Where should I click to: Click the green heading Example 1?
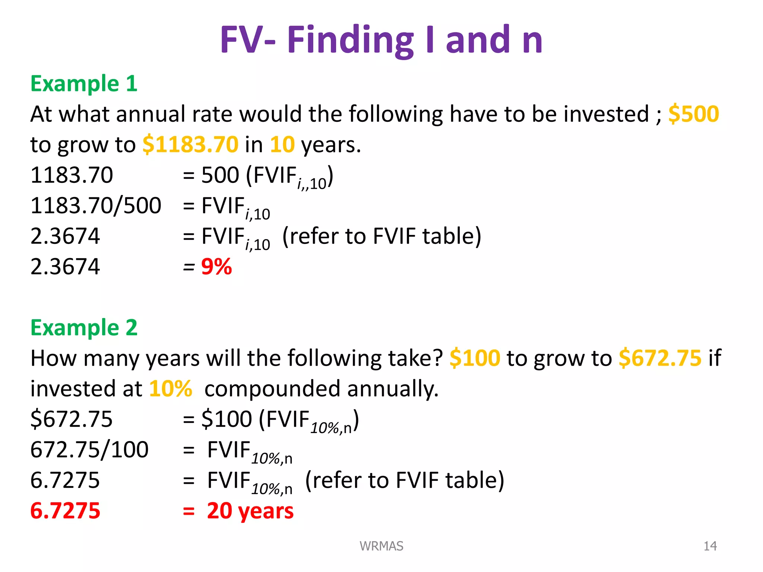click(x=84, y=83)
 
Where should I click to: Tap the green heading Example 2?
click(x=84, y=328)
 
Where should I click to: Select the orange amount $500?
click(x=693, y=114)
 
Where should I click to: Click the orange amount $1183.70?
click(x=190, y=144)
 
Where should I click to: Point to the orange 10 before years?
click(x=282, y=144)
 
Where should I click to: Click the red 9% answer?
click(x=216, y=267)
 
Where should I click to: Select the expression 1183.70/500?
click(x=96, y=206)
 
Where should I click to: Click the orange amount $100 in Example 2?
click(x=475, y=358)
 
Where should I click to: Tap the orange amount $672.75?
click(x=660, y=358)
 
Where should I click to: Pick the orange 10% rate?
click(x=171, y=389)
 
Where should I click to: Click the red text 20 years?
click(x=250, y=511)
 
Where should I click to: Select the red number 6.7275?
click(x=65, y=511)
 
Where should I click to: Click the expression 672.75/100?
click(x=89, y=450)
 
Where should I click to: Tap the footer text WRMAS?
click(x=381, y=546)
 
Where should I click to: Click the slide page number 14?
click(x=710, y=546)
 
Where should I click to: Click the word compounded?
click(x=272, y=389)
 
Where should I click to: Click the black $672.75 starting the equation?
click(x=71, y=419)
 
